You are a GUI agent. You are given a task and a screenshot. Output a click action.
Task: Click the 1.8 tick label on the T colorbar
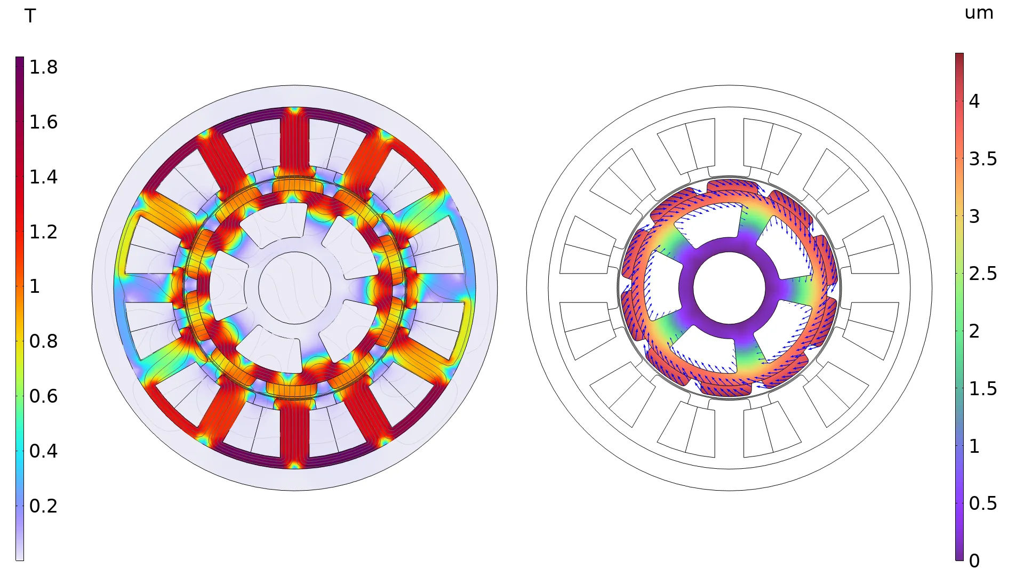point(43,67)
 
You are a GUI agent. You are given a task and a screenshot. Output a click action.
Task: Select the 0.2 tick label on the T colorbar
point(43,506)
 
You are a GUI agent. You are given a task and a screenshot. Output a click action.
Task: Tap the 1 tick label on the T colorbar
point(35,286)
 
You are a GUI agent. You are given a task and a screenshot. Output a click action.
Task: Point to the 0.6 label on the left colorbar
point(43,396)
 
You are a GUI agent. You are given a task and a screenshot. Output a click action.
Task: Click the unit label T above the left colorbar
point(30,16)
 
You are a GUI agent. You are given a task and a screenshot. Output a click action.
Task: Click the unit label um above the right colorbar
point(979,13)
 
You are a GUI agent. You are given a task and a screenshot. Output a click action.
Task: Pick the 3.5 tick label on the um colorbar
point(983,159)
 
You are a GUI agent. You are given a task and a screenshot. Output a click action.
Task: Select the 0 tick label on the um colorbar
point(974,561)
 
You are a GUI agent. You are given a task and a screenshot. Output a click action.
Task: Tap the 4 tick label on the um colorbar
point(974,101)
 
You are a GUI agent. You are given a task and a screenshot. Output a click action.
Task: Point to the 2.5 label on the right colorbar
point(983,274)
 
